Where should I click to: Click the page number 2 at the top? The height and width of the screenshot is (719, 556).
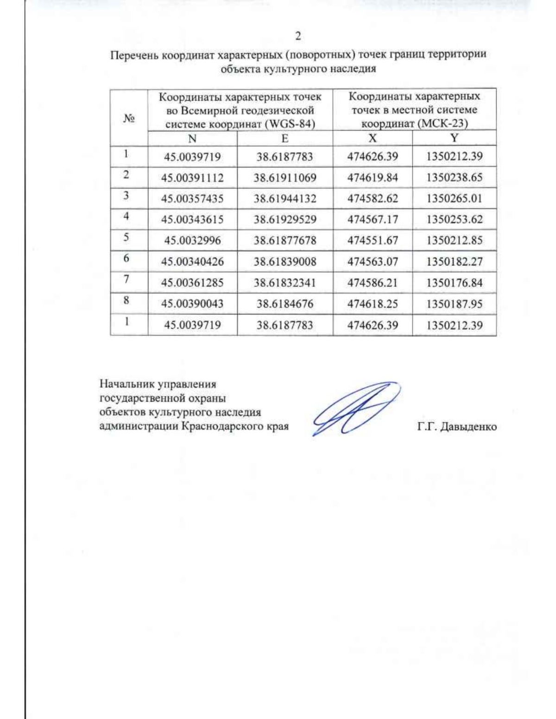coord(298,36)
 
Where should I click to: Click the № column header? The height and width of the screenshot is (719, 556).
coord(128,118)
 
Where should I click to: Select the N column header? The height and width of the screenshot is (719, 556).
coord(192,138)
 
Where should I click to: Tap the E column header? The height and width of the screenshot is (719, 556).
coord(284,138)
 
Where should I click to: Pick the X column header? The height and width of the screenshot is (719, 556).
coord(372,138)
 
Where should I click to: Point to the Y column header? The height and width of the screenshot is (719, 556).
coord(454,138)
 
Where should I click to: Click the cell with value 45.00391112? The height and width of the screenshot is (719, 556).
coord(192,178)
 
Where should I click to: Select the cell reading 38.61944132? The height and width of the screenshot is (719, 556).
coord(284,199)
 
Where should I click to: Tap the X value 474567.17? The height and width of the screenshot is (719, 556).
coord(373,219)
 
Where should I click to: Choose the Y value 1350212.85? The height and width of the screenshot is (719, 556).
coord(454,240)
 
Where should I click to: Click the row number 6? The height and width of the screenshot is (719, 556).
coord(126,258)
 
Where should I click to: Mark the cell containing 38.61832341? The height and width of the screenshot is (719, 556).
coord(284,282)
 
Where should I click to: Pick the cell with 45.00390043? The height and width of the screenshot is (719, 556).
coord(192,304)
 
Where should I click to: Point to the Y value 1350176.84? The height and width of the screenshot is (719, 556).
coord(454,282)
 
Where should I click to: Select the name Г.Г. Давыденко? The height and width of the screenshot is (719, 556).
coord(456,426)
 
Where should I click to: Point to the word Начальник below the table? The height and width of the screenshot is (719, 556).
coord(127,384)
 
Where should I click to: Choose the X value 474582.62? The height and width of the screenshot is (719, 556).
coord(373,199)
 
